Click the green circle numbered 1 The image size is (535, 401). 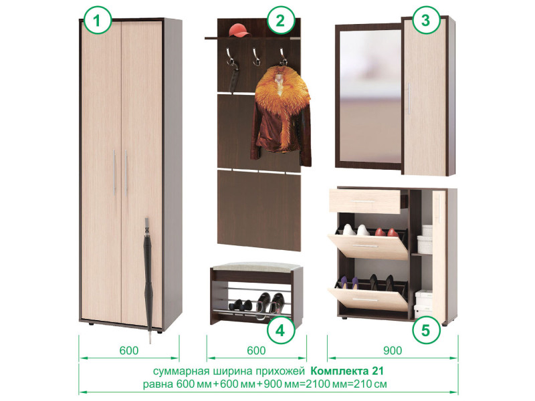tap(98, 21)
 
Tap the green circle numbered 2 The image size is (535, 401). tap(280, 21)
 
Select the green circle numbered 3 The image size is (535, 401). tap(425, 20)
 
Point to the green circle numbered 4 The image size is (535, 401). tap(280, 330)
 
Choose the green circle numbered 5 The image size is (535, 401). tap(425, 330)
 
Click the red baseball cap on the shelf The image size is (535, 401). tap(240, 30)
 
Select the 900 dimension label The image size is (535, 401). tap(393, 350)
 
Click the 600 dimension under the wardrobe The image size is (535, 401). tap(129, 350)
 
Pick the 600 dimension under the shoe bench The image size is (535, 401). tap(256, 350)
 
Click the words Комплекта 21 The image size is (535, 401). tap(347, 371)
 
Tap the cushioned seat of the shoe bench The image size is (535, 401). tap(256, 266)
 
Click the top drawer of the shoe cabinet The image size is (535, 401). tap(364, 202)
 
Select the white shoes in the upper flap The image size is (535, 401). tap(356, 230)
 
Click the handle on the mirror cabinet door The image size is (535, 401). tap(409, 98)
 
